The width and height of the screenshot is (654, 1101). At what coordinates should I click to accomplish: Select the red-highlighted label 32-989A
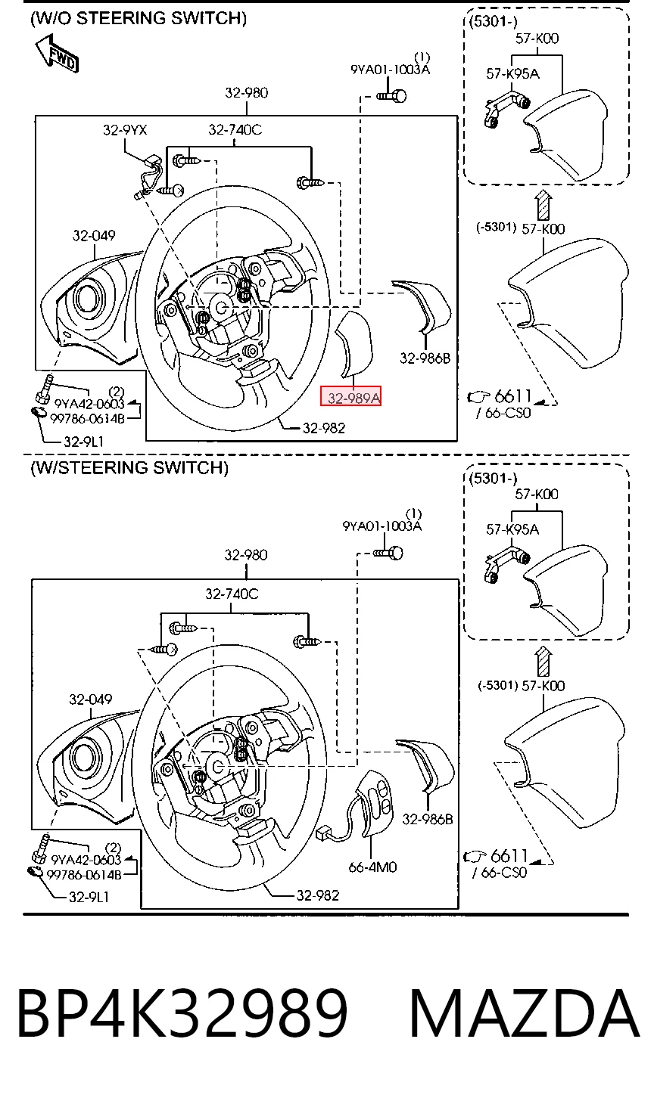click(350, 396)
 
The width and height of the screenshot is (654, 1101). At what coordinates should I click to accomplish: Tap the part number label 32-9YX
click(125, 130)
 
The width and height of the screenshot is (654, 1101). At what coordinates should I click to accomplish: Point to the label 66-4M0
click(372, 867)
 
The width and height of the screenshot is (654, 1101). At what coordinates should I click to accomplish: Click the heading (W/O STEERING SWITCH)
click(139, 18)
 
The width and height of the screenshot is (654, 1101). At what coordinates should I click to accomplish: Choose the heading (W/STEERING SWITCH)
click(129, 467)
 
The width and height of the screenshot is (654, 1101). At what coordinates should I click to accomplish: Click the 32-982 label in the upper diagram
click(324, 428)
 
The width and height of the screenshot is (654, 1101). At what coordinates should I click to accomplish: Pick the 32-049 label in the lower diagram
click(91, 699)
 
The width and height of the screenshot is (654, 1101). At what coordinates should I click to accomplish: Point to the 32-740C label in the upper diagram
click(235, 130)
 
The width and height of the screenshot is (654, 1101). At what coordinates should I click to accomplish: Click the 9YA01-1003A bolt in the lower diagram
click(388, 554)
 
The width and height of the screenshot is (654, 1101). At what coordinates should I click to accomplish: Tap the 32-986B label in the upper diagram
click(425, 358)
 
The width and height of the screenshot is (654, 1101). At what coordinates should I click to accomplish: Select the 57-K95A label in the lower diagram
click(512, 529)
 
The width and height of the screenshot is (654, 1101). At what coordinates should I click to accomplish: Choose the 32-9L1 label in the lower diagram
click(89, 897)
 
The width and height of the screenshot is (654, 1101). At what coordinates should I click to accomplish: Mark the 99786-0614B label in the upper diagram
click(87, 418)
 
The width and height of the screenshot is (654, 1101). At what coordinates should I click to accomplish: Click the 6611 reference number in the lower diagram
click(509, 856)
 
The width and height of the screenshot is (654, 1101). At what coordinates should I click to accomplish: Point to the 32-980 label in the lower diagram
click(246, 555)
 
